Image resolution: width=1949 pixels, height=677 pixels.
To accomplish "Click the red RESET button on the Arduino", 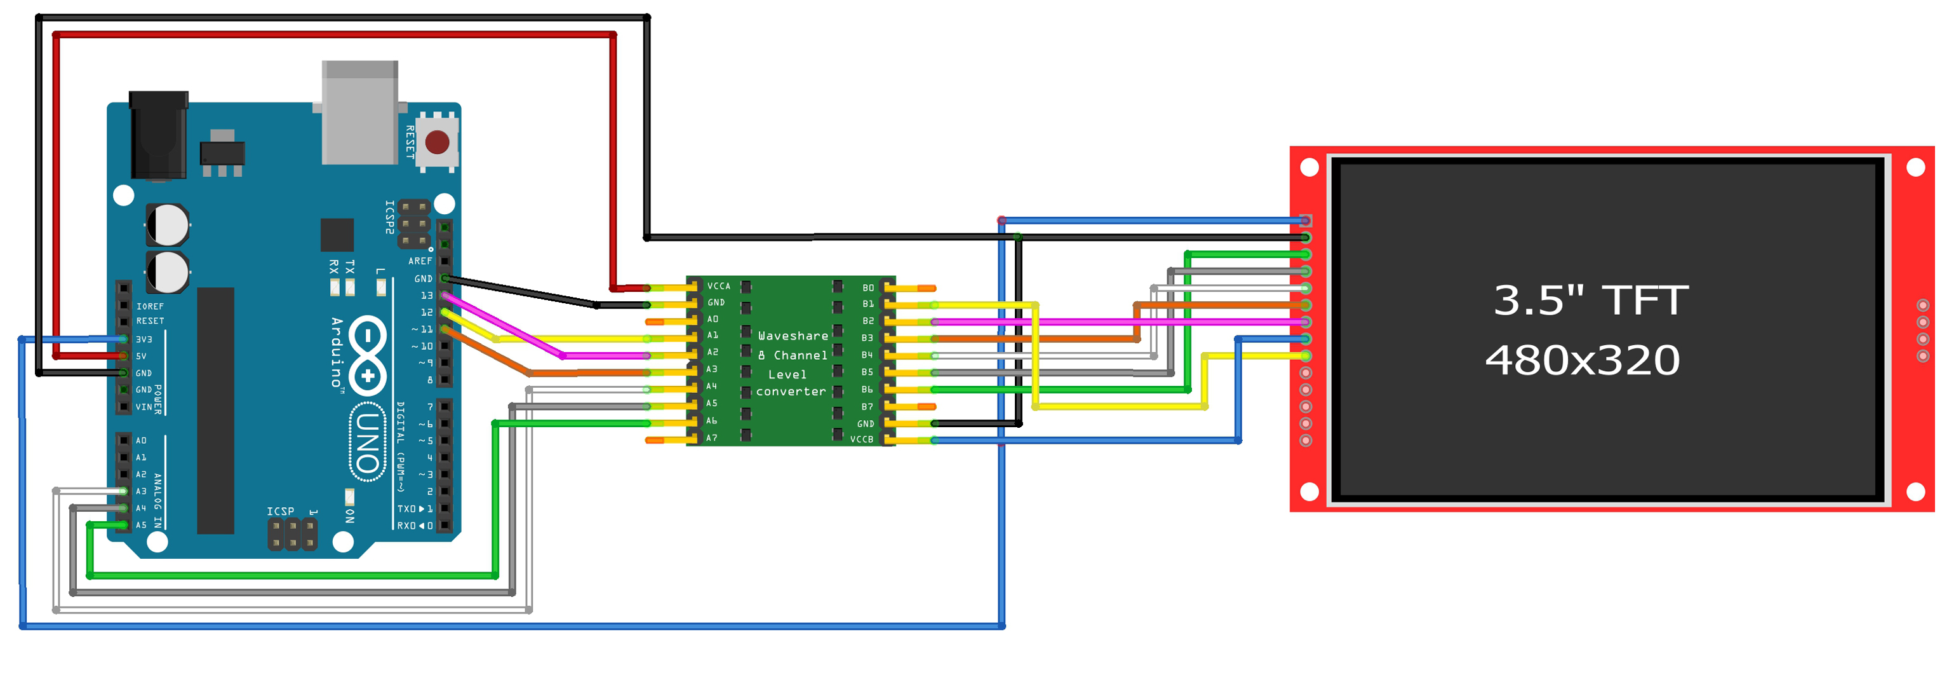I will pos(438,142).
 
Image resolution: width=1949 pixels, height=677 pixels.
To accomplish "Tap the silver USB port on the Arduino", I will pos(359,114).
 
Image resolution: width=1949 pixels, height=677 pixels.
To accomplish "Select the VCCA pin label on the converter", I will pos(718,286).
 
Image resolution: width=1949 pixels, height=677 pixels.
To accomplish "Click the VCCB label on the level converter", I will pos(861,439).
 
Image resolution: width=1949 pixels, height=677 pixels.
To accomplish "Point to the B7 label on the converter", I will pos(866,407).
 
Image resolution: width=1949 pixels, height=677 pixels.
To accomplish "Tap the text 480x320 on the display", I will pos(1582,360).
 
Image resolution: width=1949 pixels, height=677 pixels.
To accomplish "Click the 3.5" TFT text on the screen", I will pos(1590,300).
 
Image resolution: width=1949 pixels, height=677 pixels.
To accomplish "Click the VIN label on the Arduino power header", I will pos(143,407).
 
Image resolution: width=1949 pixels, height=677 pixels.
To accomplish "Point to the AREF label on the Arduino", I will pos(420,261).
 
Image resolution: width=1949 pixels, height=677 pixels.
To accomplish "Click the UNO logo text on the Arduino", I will pos(368,442).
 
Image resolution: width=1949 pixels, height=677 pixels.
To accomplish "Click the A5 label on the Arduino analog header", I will pos(141,525).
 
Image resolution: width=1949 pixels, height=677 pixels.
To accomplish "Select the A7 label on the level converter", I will pos(711,438).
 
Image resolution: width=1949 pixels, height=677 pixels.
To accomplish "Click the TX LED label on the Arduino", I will pos(349,266).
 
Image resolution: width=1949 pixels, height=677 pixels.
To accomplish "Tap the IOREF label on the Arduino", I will pos(150,306).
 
